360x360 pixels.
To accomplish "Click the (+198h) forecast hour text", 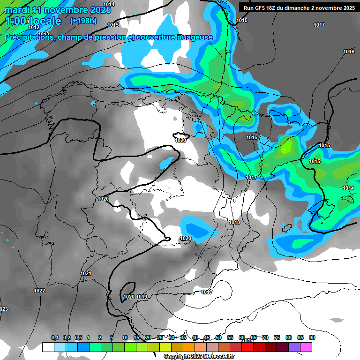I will [x=83, y=21].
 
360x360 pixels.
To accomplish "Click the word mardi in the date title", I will [x=18, y=10].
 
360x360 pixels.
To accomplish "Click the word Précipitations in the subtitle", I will [x=28, y=37].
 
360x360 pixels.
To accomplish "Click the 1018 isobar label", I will [x=234, y=222].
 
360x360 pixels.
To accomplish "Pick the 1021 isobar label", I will [x=86, y=273].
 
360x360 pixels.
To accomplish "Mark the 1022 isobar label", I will [x=39, y=291].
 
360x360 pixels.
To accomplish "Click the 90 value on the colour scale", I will [x=312, y=337].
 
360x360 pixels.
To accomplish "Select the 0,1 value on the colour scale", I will [x=55, y=337].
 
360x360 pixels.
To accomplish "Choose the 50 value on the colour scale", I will [x=218, y=337].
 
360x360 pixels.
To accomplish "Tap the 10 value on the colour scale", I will [x=125, y=337].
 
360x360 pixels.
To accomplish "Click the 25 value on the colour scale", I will [x=160, y=337].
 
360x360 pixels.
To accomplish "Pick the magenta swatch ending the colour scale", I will [x=306, y=347].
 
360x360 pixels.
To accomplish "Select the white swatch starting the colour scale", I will [x=48, y=347].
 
